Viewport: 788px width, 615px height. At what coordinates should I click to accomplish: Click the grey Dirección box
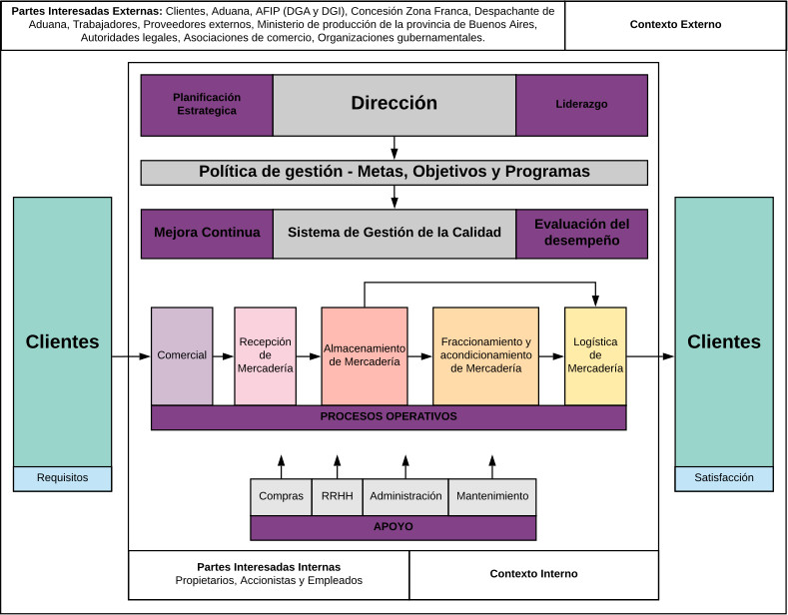pos(394,104)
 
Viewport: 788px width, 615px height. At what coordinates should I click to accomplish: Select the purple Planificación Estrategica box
pos(207,104)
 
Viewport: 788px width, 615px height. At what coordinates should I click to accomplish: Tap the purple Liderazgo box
pos(581,104)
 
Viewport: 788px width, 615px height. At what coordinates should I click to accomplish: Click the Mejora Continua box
pos(207,233)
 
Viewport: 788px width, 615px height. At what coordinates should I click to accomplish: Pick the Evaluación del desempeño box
pos(581,233)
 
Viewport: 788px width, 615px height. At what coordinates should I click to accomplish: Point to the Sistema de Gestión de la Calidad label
pos(394,233)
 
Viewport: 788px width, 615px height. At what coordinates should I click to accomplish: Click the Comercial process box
pos(182,355)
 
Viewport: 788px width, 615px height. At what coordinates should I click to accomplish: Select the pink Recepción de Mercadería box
pos(265,355)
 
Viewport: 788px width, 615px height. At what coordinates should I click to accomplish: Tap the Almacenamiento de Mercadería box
pos(365,355)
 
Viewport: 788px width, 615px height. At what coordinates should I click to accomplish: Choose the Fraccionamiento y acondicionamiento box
pos(485,355)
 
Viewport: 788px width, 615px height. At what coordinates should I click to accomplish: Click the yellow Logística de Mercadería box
pos(595,355)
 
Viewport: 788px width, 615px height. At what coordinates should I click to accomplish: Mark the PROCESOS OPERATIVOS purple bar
pos(389,417)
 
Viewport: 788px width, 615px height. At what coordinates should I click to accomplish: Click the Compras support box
pos(281,496)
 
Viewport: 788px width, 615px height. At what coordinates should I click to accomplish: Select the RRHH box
pos(337,496)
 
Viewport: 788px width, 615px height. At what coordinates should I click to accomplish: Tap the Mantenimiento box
pos(491,496)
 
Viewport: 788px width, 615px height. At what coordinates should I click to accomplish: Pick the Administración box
pos(405,496)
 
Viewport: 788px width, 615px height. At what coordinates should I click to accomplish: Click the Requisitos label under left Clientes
pos(62,478)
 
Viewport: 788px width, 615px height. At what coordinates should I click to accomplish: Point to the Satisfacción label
pos(724,478)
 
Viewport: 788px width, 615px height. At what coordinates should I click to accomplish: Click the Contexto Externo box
pos(675,25)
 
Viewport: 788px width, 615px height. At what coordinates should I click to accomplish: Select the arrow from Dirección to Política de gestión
pos(394,148)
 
